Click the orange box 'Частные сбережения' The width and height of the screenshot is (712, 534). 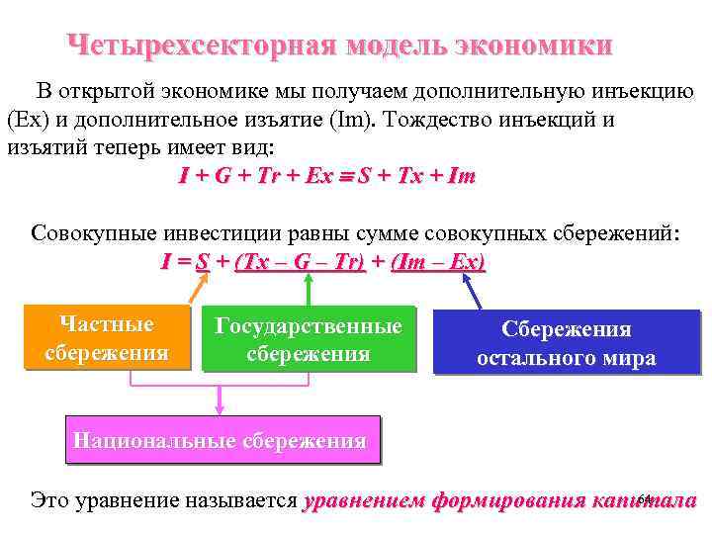(x=107, y=338)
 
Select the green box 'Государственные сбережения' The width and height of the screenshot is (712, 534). (x=309, y=340)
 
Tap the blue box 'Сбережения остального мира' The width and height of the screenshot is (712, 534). (x=566, y=344)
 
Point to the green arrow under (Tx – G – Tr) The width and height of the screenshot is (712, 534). (x=310, y=289)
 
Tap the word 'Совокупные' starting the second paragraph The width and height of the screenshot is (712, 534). (x=89, y=234)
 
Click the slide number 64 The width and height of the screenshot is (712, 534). (x=645, y=496)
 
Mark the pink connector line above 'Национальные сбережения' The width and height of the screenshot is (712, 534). (x=220, y=400)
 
